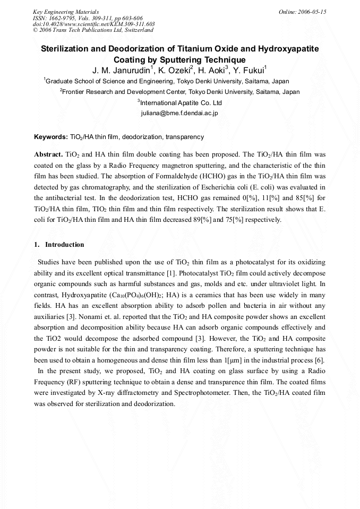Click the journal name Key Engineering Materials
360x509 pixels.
[65, 11]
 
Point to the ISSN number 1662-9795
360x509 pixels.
[64, 18]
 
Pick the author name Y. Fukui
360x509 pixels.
[248, 70]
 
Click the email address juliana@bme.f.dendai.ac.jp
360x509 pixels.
[179, 113]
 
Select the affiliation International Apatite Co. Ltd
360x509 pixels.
[181, 102]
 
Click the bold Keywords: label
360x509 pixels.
[51, 137]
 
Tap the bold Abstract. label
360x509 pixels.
[49, 154]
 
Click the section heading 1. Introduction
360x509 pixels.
[59, 245]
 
